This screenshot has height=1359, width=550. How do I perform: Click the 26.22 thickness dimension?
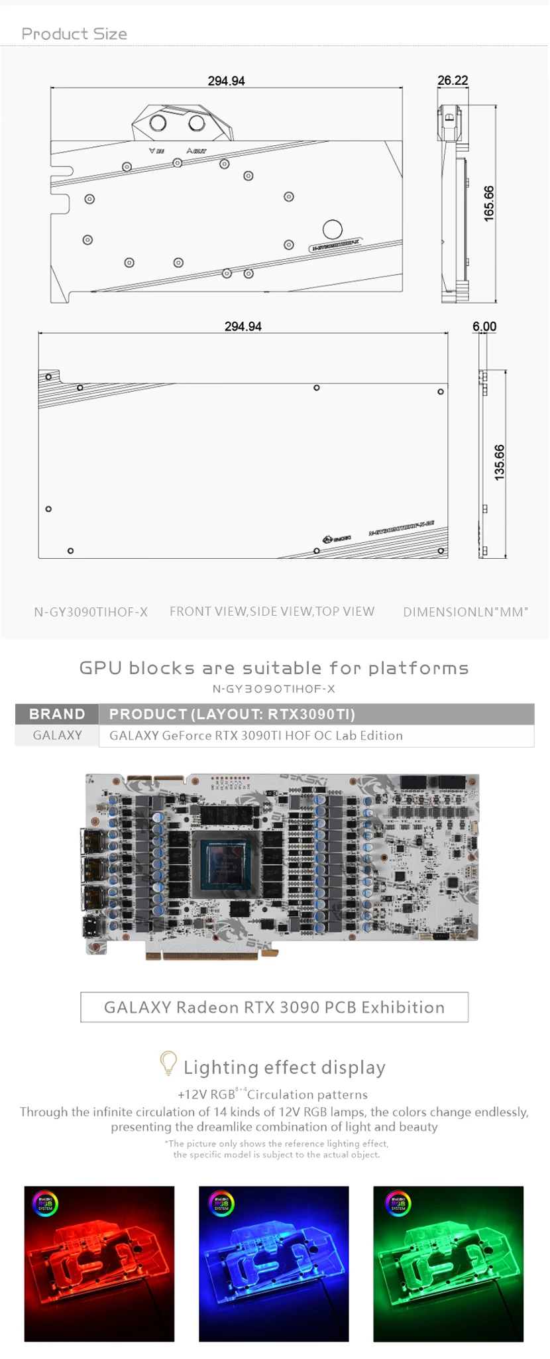453,80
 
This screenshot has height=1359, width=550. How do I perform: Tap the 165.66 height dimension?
489,204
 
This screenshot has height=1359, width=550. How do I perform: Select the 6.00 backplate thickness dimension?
484,326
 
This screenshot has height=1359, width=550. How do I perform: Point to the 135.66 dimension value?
500,462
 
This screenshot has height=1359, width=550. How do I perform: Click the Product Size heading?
74,34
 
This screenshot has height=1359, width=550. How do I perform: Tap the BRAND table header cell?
57,714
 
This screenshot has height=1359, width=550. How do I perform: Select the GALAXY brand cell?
57,735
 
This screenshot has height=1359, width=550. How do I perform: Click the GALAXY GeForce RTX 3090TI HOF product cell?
256,735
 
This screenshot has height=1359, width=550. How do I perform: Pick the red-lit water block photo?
99,1264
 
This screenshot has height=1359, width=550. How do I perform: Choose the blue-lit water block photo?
274,1264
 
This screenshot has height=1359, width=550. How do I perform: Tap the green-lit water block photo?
449,1264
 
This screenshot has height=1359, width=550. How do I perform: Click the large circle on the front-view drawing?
333,229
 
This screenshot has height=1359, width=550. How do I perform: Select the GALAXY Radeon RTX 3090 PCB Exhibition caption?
274,1007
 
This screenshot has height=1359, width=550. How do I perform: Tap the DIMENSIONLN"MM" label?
465,612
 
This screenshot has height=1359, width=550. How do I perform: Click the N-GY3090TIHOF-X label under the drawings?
91,612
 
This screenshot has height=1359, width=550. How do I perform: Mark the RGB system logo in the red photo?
45,1203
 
